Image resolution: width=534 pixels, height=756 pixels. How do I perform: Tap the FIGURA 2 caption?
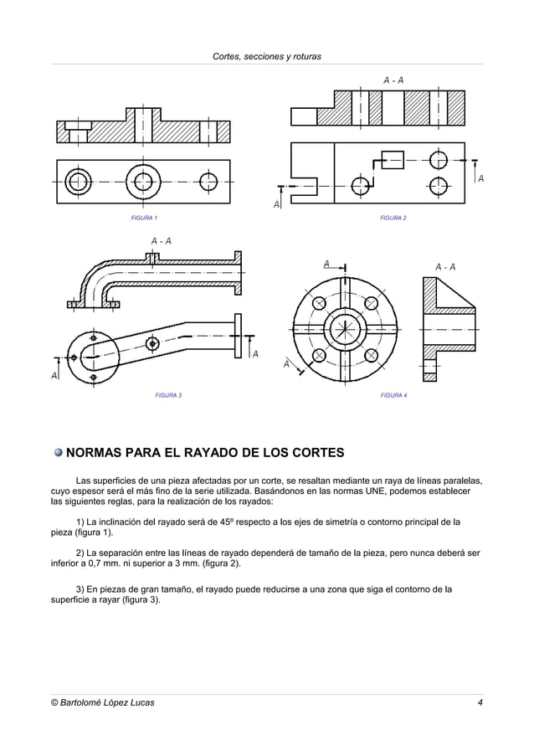393,218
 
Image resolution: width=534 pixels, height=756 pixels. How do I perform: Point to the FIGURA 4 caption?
393,394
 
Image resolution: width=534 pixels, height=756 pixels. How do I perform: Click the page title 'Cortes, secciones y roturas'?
267,56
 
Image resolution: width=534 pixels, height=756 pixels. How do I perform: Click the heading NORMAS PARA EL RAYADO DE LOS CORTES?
204,454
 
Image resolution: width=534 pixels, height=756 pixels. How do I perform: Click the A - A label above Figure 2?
394,80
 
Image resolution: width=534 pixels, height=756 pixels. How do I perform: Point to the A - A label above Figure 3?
162,241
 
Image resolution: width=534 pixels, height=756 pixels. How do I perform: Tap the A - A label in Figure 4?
445,267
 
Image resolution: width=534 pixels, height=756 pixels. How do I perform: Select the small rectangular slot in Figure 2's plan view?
390,159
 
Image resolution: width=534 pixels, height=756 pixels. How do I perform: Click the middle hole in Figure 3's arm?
152,343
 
